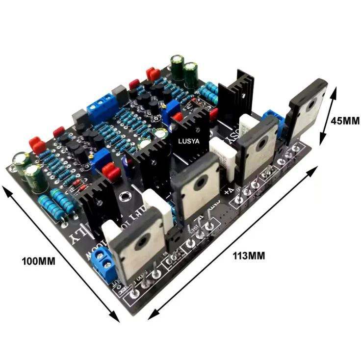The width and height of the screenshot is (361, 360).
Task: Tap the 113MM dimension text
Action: [x=249, y=255]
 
